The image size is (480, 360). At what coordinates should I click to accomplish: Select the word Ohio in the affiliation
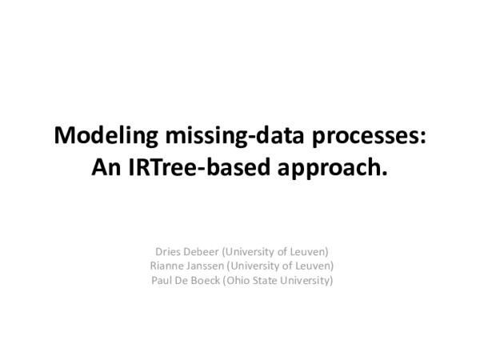click(237, 281)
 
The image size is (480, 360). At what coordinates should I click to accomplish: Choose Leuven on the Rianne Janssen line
click(316, 266)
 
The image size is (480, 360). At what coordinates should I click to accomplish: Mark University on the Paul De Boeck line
click(307, 281)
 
